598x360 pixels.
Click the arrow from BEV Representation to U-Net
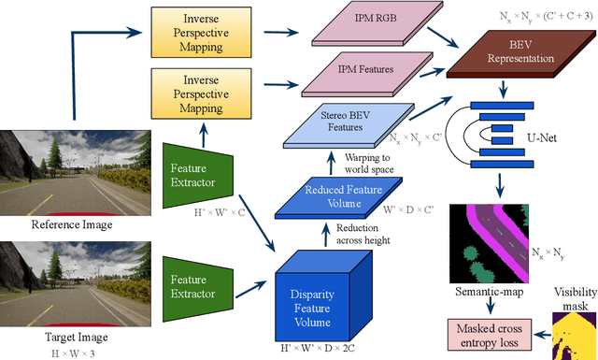coord(505,88)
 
